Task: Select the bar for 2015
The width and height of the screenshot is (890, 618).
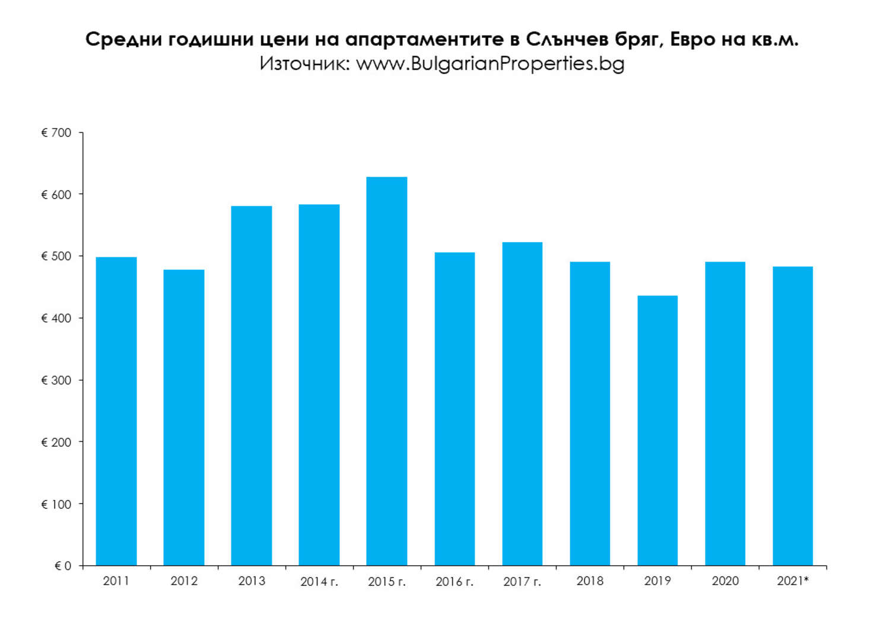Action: pyautogui.click(x=386, y=371)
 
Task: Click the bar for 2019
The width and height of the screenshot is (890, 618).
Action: pyautogui.click(x=657, y=430)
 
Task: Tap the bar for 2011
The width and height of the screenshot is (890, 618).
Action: pyautogui.click(x=116, y=411)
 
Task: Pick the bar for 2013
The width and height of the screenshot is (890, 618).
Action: pyautogui.click(x=252, y=386)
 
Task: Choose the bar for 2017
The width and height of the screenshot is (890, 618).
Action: pyautogui.click(x=522, y=403)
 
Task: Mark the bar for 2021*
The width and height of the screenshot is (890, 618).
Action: pyautogui.click(x=793, y=416)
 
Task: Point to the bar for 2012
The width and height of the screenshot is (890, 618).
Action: pyautogui.click(x=184, y=418)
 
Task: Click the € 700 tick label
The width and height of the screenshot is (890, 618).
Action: pyautogui.click(x=56, y=133)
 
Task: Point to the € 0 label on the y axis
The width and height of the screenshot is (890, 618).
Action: pyautogui.click(x=63, y=566)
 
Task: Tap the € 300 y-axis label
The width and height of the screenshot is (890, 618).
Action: pyautogui.click(x=56, y=380)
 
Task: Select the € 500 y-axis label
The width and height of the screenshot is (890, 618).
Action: pyautogui.click(x=56, y=256)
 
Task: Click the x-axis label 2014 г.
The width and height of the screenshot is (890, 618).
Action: pyautogui.click(x=319, y=582)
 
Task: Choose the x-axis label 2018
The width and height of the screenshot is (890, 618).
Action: pyautogui.click(x=590, y=581)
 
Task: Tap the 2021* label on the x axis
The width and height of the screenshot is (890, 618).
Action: pyautogui.click(x=793, y=581)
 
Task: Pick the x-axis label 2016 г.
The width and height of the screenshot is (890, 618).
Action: pyautogui.click(x=454, y=582)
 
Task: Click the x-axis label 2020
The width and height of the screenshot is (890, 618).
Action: pyautogui.click(x=725, y=581)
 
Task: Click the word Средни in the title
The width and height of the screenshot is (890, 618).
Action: pyautogui.click(x=123, y=39)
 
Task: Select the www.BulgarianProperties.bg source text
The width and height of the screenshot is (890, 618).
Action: pyautogui.click(x=490, y=63)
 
